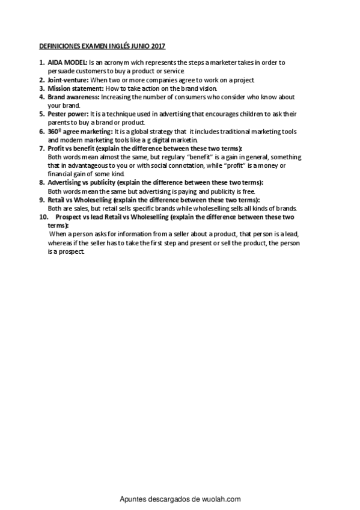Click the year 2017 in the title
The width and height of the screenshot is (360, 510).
click(x=157, y=45)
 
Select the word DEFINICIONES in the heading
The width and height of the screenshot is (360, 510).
click(x=58, y=45)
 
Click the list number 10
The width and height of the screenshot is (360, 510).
click(x=43, y=217)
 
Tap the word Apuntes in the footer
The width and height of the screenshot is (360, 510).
click(x=133, y=499)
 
